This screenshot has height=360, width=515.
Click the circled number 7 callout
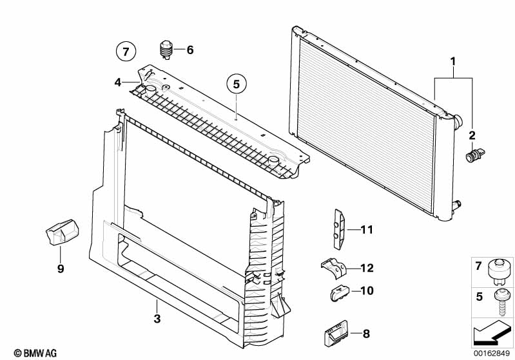point(126,50)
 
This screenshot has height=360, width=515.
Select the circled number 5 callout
point(237,84)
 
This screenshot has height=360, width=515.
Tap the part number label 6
point(189,50)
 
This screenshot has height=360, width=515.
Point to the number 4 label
point(118,82)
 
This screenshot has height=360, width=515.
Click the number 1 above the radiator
point(453,61)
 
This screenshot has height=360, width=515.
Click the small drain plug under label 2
point(475,155)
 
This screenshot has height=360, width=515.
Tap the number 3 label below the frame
point(156,319)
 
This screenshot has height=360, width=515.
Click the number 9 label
point(61,269)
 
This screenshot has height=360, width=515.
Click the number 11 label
point(367,229)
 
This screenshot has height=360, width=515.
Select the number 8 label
point(366,334)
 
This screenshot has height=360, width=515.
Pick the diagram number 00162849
point(493,353)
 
